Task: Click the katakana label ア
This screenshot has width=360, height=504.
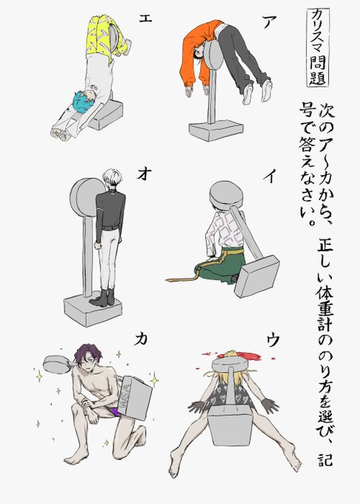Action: [x=269, y=21]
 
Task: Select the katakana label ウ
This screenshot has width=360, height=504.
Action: [x=273, y=339]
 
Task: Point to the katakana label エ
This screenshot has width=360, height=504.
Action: [x=145, y=18]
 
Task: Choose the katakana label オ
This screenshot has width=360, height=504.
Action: [x=144, y=174]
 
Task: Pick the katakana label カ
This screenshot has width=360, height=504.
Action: [x=141, y=339]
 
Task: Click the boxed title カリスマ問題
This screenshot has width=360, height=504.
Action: [x=318, y=47]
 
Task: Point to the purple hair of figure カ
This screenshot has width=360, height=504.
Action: [x=87, y=353]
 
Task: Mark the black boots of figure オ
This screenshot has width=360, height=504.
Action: [x=104, y=297]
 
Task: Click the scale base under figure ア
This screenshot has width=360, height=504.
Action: [x=216, y=130]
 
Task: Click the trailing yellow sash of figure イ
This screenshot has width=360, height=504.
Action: [x=186, y=279]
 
